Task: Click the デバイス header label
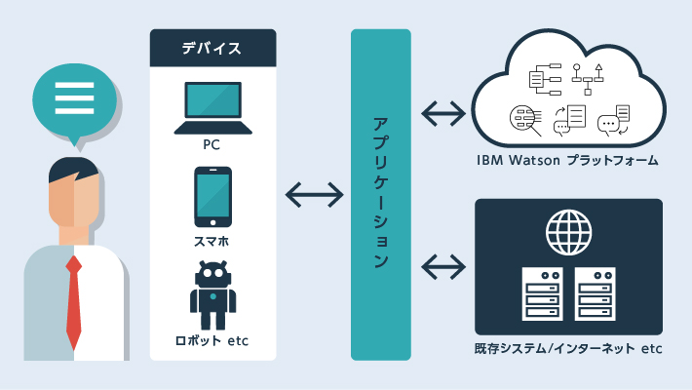click(212, 47)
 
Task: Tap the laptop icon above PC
click(212, 107)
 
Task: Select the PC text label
click(212, 145)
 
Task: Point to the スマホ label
click(212, 239)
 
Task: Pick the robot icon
click(212, 293)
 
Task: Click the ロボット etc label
click(212, 341)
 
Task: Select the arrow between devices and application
click(314, 195)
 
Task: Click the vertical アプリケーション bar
click(381, 194)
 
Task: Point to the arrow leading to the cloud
click(443, 113)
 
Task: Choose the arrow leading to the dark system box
click(443, 265)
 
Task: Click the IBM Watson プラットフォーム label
click(567, 160)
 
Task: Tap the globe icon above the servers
click(568, 232)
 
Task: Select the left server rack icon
click(543, 295)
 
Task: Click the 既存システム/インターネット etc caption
click(568, 348)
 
